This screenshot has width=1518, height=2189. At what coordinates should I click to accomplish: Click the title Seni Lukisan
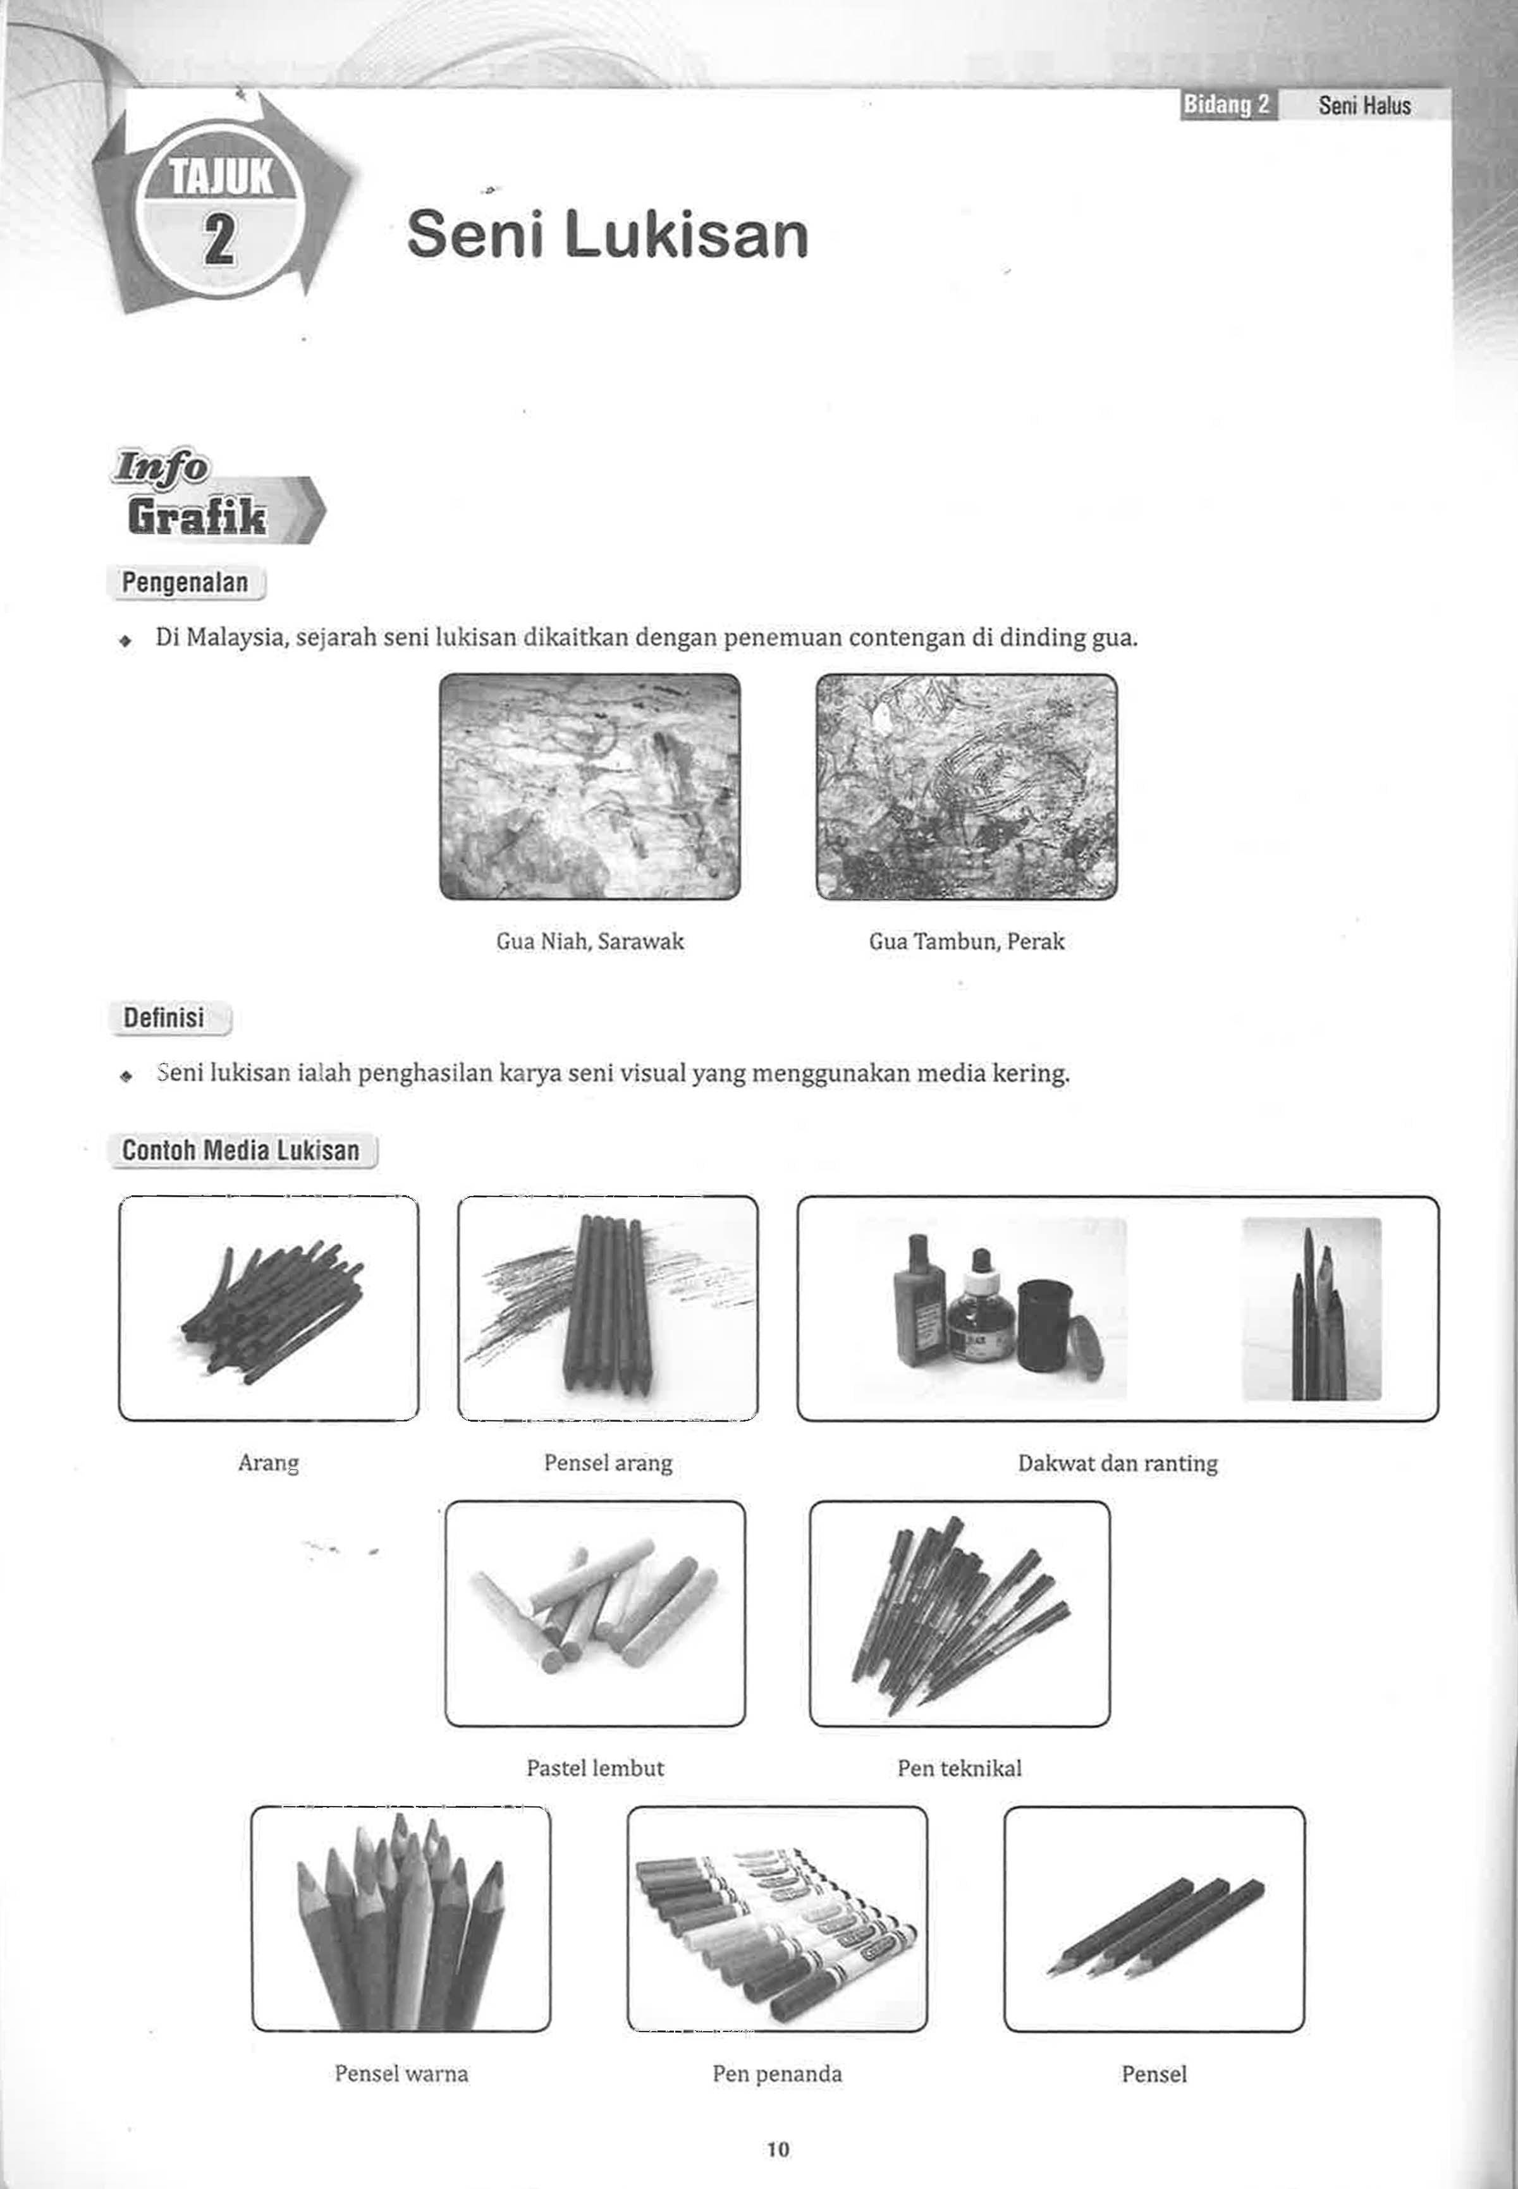point(607,236)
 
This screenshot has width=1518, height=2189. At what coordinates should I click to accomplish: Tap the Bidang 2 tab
point(1227,104)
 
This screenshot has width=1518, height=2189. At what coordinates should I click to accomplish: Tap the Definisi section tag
point(164,1018)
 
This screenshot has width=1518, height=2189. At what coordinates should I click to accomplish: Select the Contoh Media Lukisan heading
point(241,1150)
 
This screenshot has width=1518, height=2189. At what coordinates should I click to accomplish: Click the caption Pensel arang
point(608,1463)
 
